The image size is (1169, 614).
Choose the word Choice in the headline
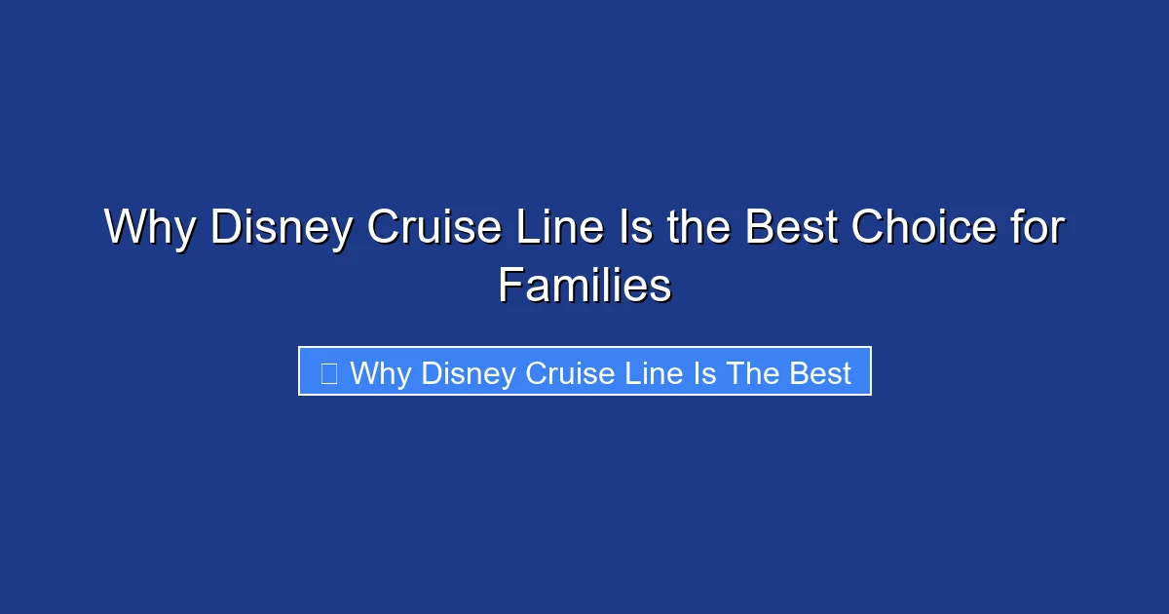pos(924,229)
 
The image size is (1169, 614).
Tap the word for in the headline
pos(1037,229)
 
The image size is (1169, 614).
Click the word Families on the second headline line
pos(584,287)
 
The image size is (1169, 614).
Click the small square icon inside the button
pos(329,372)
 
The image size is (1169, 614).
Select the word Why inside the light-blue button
pos(381,373)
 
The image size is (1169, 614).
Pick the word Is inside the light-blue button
pos(705,373)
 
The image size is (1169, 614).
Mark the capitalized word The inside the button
pos(751,373)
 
